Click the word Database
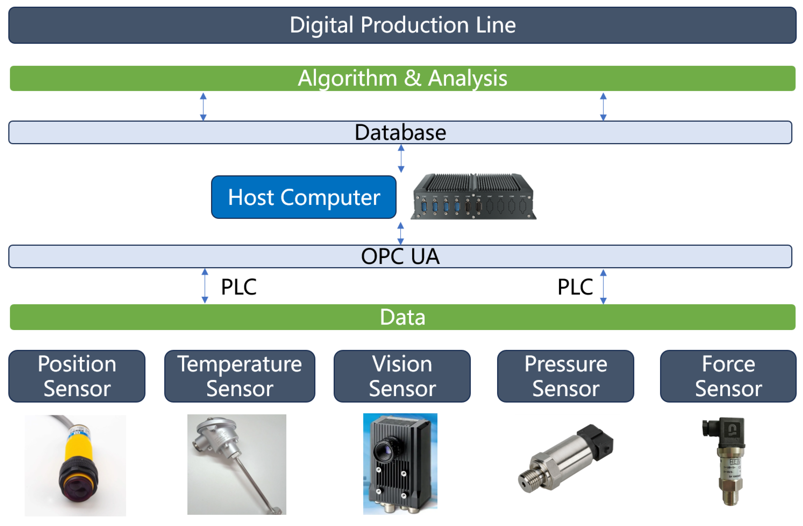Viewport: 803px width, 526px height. pyautogui.click(x=400, y=132)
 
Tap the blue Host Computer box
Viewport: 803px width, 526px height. pyautogui.click(x=304, y=197)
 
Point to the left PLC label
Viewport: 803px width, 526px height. pyautogui.click(x=239, y=287)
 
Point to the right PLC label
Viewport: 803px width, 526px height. pyautogui.click(x=575, y=287)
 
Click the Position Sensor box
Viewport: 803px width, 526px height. pyautogui.click(x=77, y=376)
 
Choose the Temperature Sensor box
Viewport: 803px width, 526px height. pyautogui.click(x=240, y=376)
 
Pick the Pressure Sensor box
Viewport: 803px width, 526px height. pyautogui.click(x=565, y=376)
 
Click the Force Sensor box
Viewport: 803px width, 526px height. pyautogui.click(x=728, y=376)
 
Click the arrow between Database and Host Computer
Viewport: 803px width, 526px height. pyautogui.click(x=401, y=158)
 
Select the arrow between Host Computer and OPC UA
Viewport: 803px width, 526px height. pyautogui.click(x=400, y=233)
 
